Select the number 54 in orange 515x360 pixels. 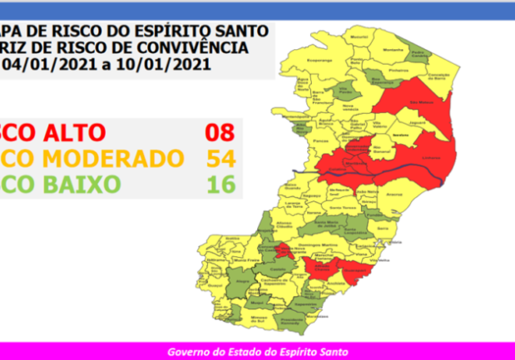pyautogui.click(x=221, y=158)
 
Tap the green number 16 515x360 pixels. pyautogui.click(x=221, y=184)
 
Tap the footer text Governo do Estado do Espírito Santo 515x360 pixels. pyautogui.click(x=258, y=352)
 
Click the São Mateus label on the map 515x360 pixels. pyautogui.click(x=426, y=103)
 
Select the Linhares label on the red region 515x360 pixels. pyautogui.click(x=430, y=160)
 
